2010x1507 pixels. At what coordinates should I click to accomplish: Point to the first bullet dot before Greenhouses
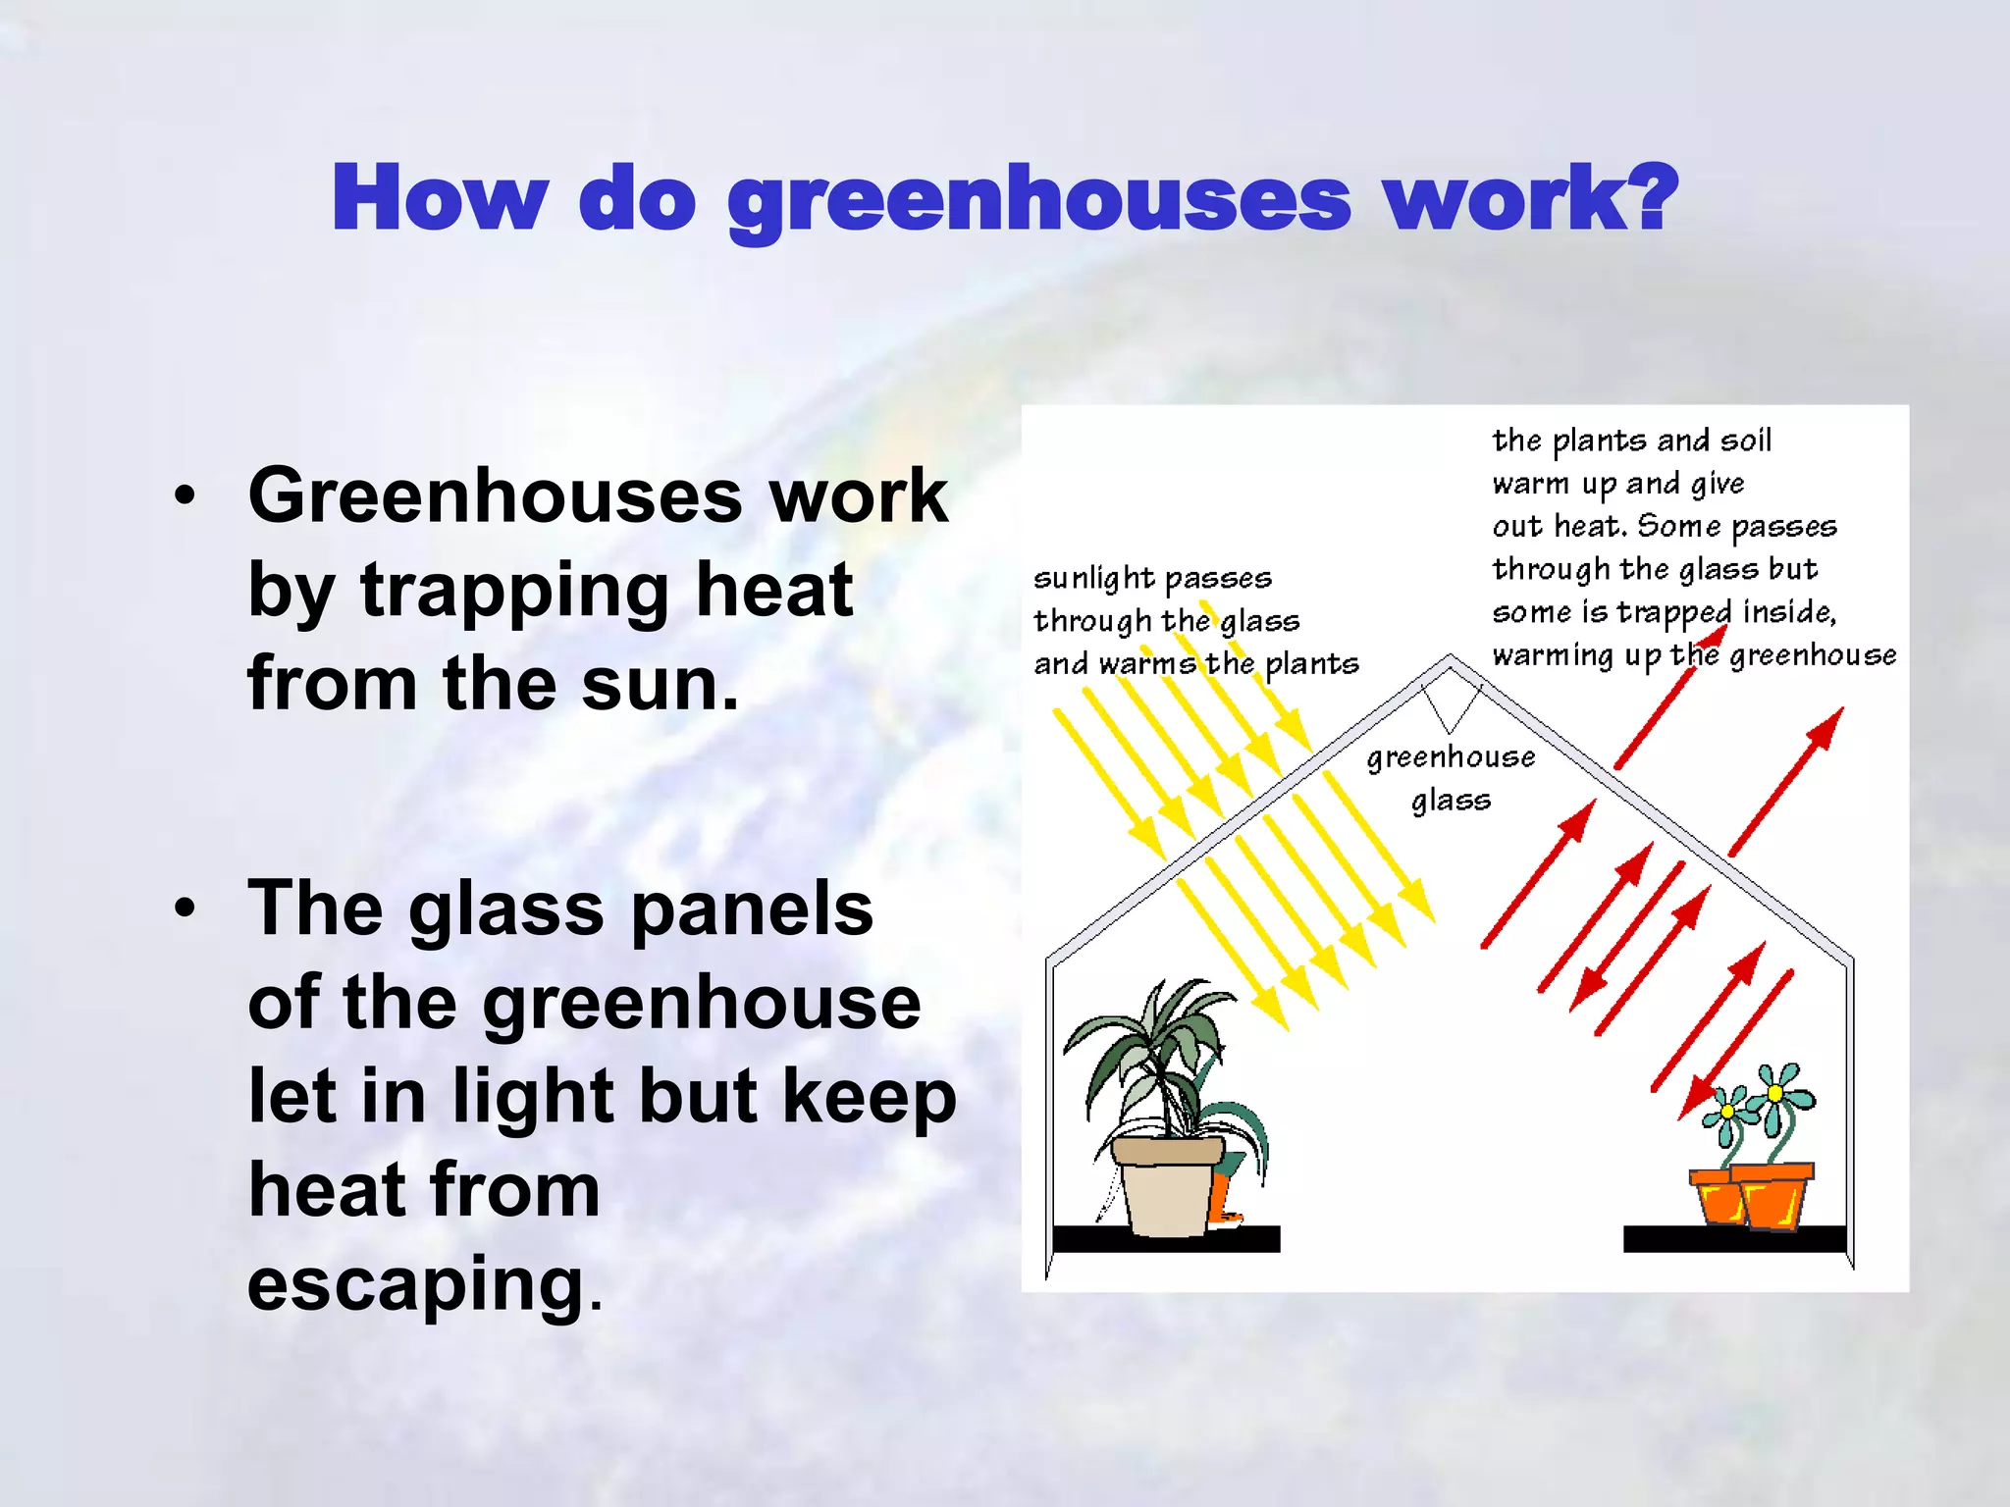[x=185, y=496]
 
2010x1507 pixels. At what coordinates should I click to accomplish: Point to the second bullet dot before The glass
[x=185, y=909]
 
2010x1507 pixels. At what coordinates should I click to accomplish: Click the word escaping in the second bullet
[x=416, y=1285]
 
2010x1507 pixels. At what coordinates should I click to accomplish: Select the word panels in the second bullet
[x=751, y=909]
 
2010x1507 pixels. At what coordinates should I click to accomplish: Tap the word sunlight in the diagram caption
[x=1093, y=578]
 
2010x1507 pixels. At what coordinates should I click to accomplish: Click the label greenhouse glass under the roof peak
[x=1451, y=777]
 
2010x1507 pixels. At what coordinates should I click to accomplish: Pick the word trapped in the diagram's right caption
[x=1674, y=612]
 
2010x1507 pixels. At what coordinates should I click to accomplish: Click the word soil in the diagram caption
[x=1745, y=441]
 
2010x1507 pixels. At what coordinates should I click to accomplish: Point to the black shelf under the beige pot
[x=1165, y=1240]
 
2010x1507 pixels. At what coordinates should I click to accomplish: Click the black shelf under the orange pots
[x=1733, y=1239]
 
